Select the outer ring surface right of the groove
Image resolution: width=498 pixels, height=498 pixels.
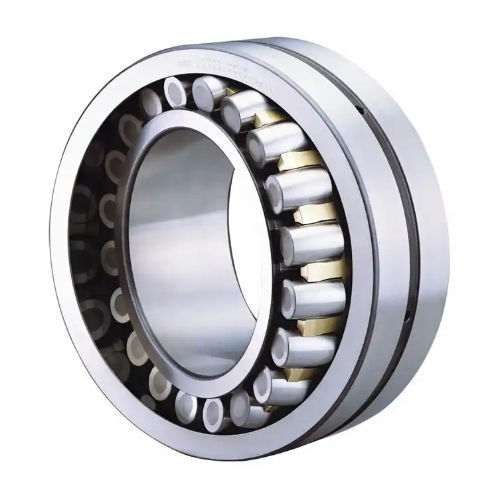tap(425, 219)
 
